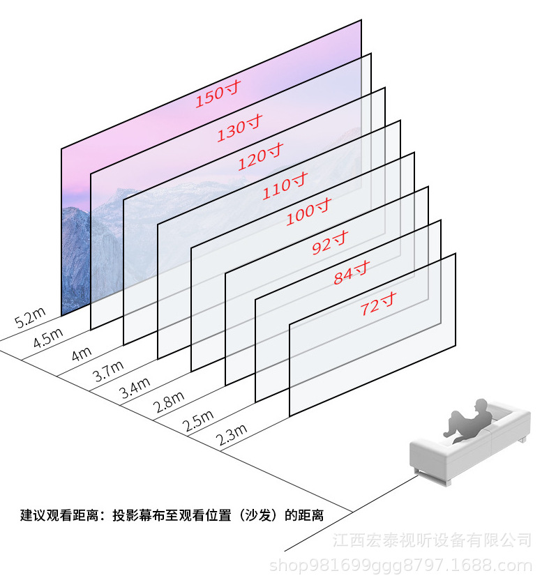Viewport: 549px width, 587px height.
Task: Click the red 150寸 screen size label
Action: tap(218, 96)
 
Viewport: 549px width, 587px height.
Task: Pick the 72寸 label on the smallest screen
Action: tap(377, 305)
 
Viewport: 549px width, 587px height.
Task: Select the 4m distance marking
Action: tap(81, 352)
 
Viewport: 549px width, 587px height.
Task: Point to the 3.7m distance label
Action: tap(108, 369)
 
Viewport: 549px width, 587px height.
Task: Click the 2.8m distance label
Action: tap(170, 402)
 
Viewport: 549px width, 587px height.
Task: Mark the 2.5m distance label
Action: tap(198, 420)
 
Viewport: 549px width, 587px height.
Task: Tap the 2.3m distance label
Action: tap(232, 436)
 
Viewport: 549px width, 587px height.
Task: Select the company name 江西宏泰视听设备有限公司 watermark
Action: tap(432, 540)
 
